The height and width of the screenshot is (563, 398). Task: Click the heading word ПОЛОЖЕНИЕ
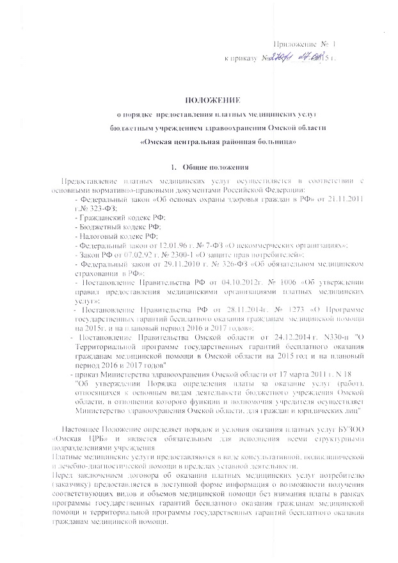[x=212, y=100]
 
